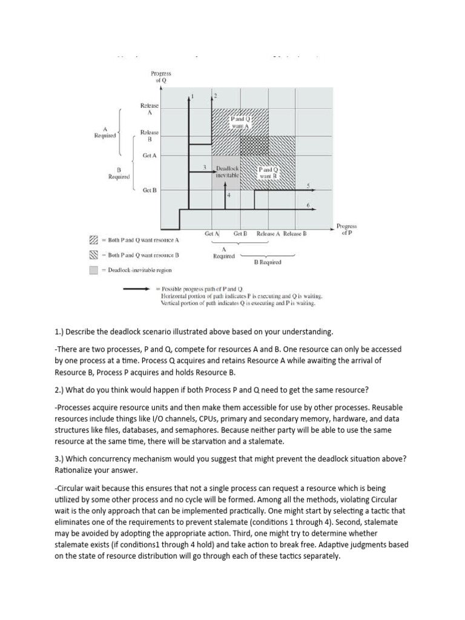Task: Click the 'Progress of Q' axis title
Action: [x=161, y=76]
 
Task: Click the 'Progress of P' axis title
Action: [x=347, y=228]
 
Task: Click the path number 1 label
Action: [x=193, y=96]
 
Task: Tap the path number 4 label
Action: [x=229, y=195]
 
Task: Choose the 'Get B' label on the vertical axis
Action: [x=150, y=190]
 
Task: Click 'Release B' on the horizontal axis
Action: [x=295, y=234]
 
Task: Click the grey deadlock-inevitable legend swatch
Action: [x=93, y=271]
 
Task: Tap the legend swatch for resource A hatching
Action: [x=93, y=240]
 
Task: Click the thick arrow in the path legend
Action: [x=137, y=289]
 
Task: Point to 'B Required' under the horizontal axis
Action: [x=267, y=262]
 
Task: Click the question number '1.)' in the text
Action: [x=59, y=332]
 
